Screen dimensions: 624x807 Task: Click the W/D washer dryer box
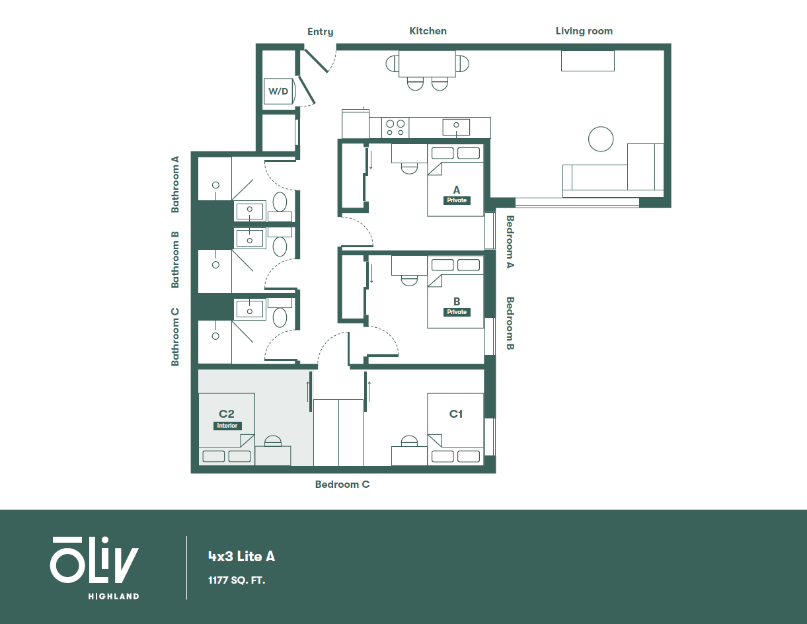pyautogui.click(x=278, y=91)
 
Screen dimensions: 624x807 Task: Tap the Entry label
pyautogui.click(x=321, y=32)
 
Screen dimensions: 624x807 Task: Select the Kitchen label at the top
pyautogui.click(x=428, y=31)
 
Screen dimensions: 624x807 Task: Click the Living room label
pyautogui.click(x=584, y=31)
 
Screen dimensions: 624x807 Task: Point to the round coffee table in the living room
pyautogui.click(x=601, y=139)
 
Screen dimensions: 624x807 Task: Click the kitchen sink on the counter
pyautogui.click(x=456, y=126)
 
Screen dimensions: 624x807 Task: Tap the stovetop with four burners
pyautogui.click(x=395, y=127)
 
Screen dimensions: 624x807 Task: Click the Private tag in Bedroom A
pyautogui.click(x=457, y=200)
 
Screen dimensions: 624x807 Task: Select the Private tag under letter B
pyautogui.click(x=457, y=312)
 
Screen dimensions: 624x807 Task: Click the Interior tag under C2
pyautogui.click(x=227, y=426)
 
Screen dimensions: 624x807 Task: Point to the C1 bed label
pyautogui.click(x=456, y=414)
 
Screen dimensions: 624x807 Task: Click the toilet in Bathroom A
pyautogui.click(x=280, y=202)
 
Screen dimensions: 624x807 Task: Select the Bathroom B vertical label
pyautogui.click(x=176, y=259)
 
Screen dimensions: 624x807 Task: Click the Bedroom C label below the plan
pyautogui.click(x=342, y=485)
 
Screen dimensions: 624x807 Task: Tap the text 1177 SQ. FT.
pyautogui.click(x=237, y=581)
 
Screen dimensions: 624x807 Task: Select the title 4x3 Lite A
pyautogui.click(x=241, y=557)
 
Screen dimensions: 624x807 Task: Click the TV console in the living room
pyautogui.click(x=588, y=60)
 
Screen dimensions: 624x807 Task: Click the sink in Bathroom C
pyautogui.click(x=249, y=309)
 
